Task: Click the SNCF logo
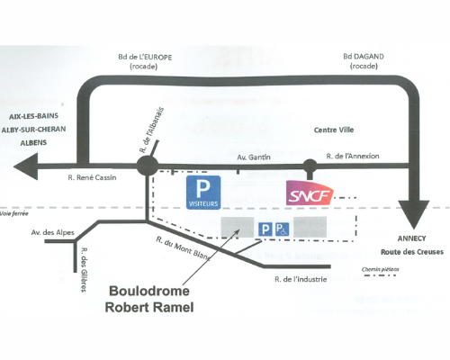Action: point(310,193)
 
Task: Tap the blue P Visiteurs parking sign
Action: point(203,193)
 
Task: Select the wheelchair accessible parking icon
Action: point(282,229)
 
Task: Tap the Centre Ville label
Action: point(334,130)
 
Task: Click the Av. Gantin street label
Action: point(254,157)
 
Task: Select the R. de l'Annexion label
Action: point(353,156)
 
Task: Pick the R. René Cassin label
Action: point(92,177)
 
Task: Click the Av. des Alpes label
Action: point(53,232)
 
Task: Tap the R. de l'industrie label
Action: point(301,279)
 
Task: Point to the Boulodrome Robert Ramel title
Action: point(149,299)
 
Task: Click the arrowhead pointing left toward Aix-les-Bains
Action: point(26,166)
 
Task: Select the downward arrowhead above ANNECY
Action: point(414,214)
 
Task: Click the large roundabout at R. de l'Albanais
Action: point(148,166)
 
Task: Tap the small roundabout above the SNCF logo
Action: point(310,166)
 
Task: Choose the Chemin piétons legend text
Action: point(381,269)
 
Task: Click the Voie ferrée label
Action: point(14,213)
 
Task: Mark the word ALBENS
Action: point(33,143)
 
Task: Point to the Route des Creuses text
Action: point(412,252)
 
